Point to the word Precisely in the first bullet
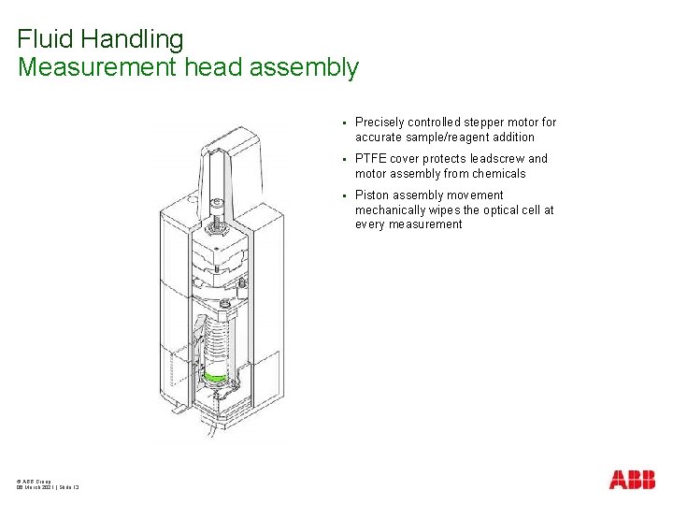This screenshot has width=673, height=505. tap(379, 123)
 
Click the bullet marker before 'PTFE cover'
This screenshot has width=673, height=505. tap(344, 159)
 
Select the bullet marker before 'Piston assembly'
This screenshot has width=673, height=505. tap(344, 195)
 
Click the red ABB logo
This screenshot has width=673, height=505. tap(632, 480)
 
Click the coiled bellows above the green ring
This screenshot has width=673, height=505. tap(217, 341)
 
